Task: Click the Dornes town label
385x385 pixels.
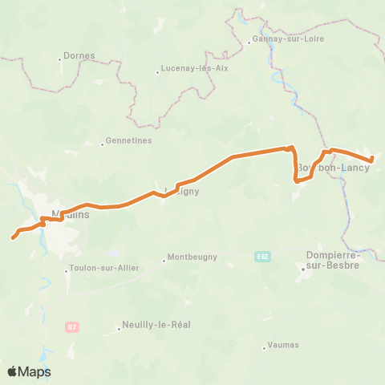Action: tap(78, 56)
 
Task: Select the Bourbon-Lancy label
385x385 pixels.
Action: tap(333, 168)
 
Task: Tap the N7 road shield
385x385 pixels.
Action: tap(72, 326)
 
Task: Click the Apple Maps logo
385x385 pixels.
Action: tap(29, 371)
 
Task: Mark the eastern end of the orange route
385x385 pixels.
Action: tap(372, 160)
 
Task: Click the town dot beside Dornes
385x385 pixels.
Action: tap(61, 60)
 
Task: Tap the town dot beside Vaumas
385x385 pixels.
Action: tap(264, 348)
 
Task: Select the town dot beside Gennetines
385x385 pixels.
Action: tap(102, 144)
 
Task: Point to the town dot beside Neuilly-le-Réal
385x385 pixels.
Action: tap(119, 329)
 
